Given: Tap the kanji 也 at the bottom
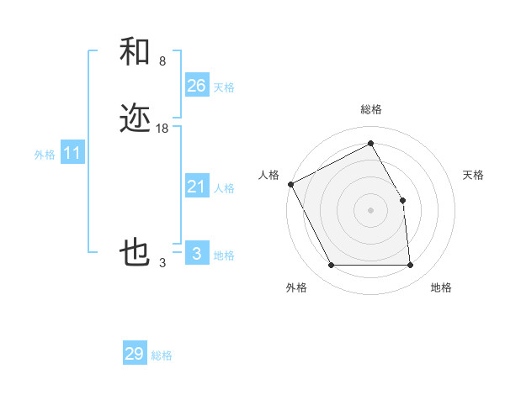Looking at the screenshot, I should tap(135, 252).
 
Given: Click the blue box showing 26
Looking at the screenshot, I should tap(196, 86).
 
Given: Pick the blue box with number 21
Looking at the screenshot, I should tap(196, 187).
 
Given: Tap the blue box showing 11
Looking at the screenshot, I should tap(72, 154).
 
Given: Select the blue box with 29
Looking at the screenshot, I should tap(135, 354).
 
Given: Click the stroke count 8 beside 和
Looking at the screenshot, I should tap(162, 61).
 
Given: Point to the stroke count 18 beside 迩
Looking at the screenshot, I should tap(162, 129).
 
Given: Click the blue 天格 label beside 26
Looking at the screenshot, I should tap(224, 87).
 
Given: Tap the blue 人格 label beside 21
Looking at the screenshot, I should tap(224, 189).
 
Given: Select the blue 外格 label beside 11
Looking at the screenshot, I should tap(45, 155).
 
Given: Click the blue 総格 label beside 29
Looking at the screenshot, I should tap(162, 355).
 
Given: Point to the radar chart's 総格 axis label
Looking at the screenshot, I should tap(370, 109).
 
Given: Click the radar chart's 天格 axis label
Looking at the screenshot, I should tap(474, 175).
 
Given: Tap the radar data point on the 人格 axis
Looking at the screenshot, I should tap(290, 184).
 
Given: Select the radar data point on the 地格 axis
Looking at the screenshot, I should tap(411, 266).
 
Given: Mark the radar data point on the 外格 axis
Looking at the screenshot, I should tap(331, 266).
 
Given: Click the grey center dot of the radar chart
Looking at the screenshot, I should tap(370, 210).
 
